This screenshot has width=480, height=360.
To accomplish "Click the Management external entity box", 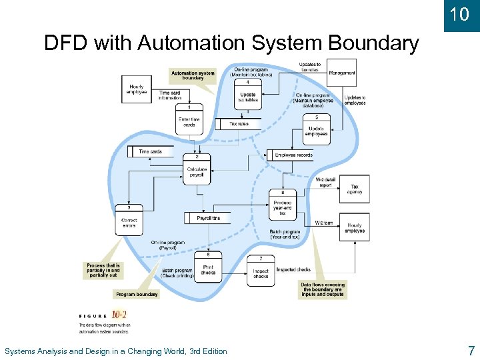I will (341, 73).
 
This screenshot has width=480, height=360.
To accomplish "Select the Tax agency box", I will (355, 189).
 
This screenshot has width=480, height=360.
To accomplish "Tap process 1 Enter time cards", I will (189, 119).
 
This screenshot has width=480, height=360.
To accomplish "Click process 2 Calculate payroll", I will (197, 169).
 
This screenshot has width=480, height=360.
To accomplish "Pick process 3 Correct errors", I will (129, 219).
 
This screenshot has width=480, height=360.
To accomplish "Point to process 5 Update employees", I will (316, 127).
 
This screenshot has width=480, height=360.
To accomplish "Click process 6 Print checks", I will (207, 267).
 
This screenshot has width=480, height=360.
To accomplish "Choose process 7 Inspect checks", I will (261, 271).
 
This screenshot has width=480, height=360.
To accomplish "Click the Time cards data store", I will (150, 152).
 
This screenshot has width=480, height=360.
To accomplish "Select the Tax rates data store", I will (238, 124).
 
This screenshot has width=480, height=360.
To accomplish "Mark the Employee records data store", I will (292, 155).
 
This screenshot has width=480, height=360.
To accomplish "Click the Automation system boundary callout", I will (193, 75).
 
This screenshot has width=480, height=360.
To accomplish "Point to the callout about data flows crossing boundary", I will (322, 289).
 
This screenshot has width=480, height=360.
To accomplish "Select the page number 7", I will (471, 350).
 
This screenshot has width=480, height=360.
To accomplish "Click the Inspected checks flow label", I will (293, 270).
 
